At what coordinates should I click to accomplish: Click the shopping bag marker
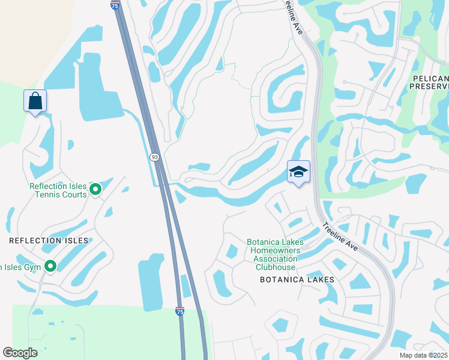[x=35, y=101]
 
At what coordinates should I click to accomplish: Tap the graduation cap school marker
[x=298, y=172]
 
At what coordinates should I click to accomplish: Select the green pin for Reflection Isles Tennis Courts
[x=95, y=190]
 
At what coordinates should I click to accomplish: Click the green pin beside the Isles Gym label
[x=50, y=266]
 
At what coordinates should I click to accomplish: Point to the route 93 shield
[x=154, y=157]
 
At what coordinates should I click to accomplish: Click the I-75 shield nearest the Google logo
[x=179, y=311]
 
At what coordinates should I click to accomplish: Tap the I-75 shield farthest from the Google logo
[x=115, y=4]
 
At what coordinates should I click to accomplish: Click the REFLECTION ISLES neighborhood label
[x=49, y=241]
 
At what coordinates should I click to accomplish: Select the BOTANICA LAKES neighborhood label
[x=297, y=280]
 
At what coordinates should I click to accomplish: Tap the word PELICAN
[x=430, y=79]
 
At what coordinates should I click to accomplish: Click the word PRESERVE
[x=429, y=86]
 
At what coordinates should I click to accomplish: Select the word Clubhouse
[x=275, y=267]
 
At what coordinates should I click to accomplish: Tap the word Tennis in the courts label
[x=41, y=194]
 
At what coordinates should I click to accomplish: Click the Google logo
[x=20, y=353]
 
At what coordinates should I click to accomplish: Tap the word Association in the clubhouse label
[x=275, y=259]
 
